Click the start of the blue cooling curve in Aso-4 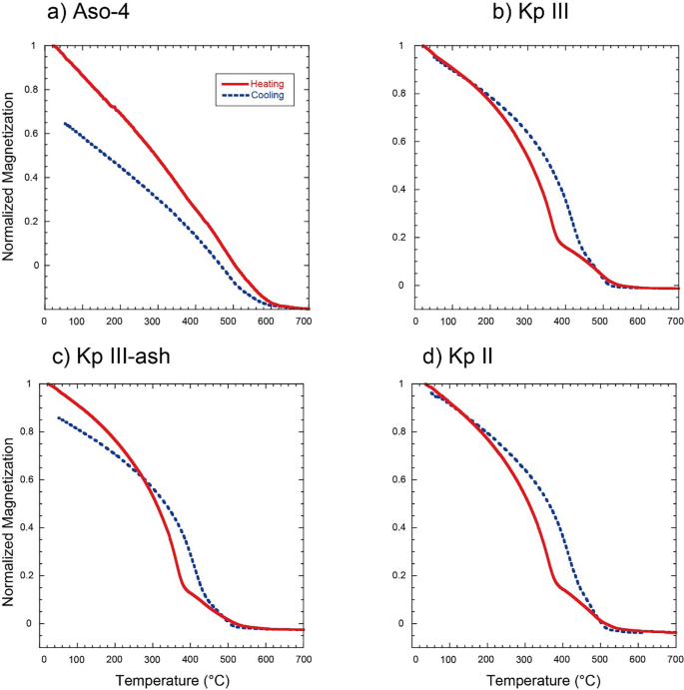point(65,123)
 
